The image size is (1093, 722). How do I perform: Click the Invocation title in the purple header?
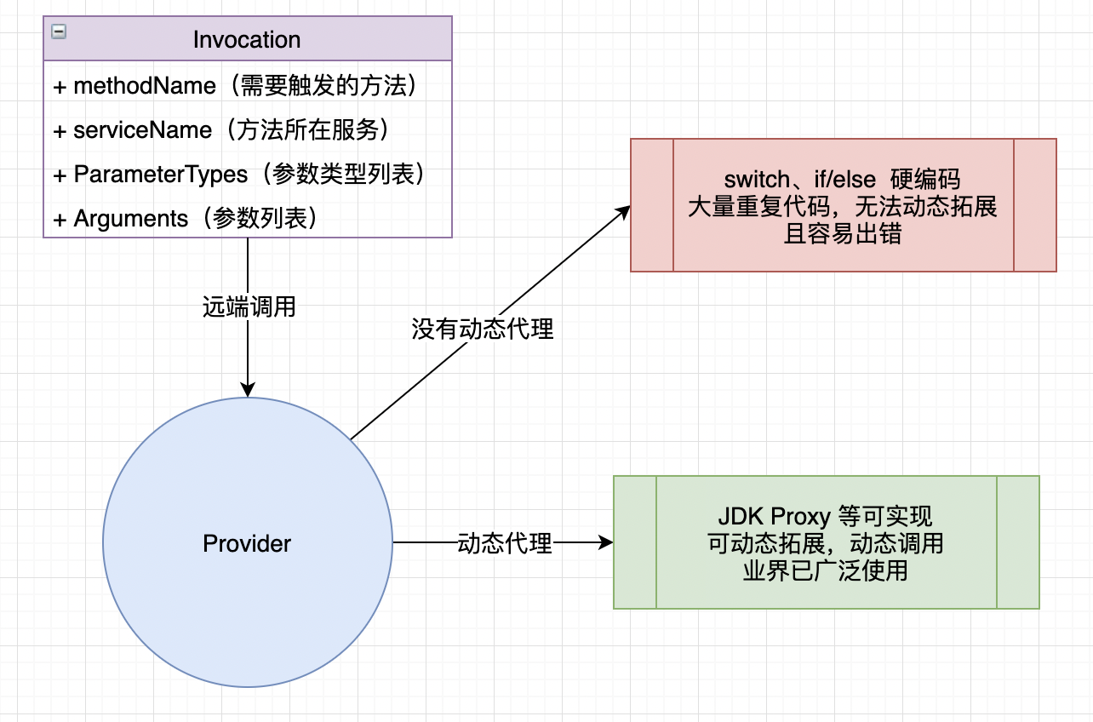click(x=247, y=39)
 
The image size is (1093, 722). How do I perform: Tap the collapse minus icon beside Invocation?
click(x=59, y=32)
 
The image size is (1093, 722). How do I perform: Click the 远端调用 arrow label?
click(x=249, y=307)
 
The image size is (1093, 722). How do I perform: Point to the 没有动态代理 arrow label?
click(x=483, y=329)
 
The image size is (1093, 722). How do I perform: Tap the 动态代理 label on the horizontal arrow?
click(x=505, y=542)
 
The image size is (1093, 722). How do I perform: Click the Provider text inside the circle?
click(x=247, y=543)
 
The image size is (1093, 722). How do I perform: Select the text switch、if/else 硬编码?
click(x=842, y=180)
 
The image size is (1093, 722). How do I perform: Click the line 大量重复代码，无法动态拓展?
click(x=842, y=207)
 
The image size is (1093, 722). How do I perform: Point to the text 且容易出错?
click(x=842, y=234)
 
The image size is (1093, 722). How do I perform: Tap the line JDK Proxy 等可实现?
click(x=825, y=516)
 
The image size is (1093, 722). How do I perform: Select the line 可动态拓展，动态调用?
click(x=825, y=543)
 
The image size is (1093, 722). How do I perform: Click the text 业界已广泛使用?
click(x=825, y=570)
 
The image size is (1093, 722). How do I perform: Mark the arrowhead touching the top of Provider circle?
click(x=248, y=390)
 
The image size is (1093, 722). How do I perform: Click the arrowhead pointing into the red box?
click(x=624, y=210)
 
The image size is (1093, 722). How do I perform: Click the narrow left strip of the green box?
click(x=635, y=542)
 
